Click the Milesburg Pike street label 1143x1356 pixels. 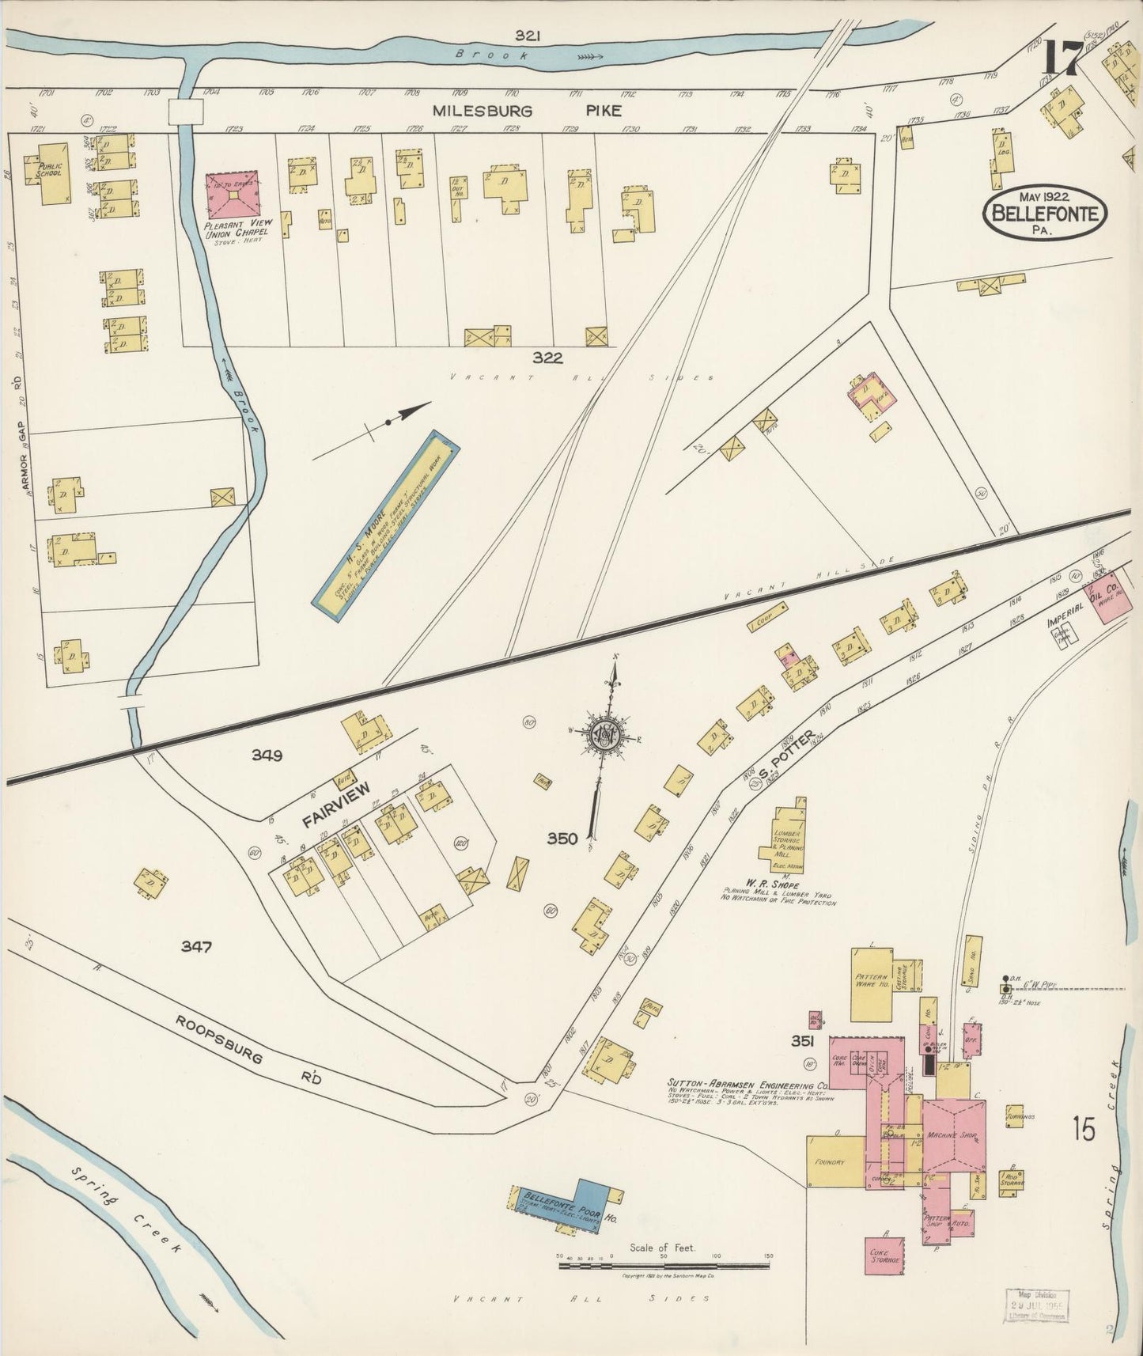[526, 112]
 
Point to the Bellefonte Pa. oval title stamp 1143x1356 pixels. [1045, 211]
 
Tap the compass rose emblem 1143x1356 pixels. [605, 736]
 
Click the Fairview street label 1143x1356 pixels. [335, 805]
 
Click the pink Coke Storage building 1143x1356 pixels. [884, 1256]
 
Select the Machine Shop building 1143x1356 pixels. [953, 1135]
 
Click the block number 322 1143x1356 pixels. [547, 358]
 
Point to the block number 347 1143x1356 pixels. [195, 946]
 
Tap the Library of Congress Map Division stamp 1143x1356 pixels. [1035, 1305]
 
